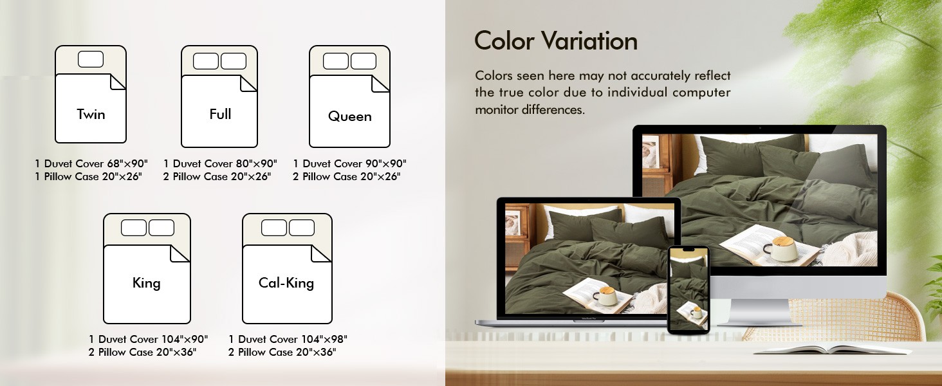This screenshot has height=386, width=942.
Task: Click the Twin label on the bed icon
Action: [x=91, y=114]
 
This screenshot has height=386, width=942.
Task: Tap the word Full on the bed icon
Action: [x=220, y=114]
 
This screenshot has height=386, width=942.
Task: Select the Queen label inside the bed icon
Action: [x=349, y=116]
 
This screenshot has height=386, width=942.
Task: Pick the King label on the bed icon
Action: [x=146, y=283]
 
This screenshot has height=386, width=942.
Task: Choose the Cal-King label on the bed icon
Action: [x=286, y=283]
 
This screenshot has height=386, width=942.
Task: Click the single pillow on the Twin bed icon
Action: [x=91, y=59]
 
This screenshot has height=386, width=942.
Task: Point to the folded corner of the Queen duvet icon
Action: [x=380, y=84]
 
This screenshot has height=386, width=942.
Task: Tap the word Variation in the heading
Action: [x=589, y=41]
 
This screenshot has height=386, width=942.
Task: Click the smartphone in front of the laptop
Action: [x=688, y=290]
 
